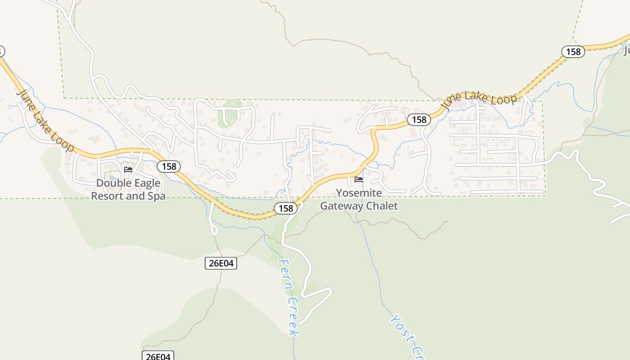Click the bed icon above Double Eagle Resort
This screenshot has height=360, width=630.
(x=128, y=170)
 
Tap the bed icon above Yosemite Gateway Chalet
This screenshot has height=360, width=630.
(x=359, y=179)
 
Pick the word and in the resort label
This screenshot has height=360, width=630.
(x=135, y=196)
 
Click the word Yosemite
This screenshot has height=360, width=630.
(x=359, y=193)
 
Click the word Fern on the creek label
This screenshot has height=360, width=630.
(x=285, y=276)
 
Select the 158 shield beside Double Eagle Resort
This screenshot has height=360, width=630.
(x=169, y=166)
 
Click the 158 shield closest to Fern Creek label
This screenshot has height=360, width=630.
(x=286, y=208)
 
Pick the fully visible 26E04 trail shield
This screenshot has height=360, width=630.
(x=220, y=263)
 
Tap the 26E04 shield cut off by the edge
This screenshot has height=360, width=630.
(x=158, y=356)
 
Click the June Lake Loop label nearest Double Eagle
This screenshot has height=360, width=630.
(x=45, y=120)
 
